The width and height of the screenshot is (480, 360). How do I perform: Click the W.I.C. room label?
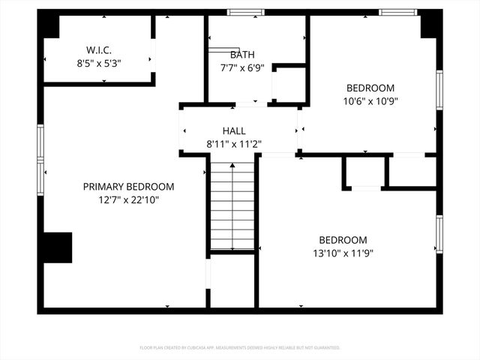click(x=99, y=50)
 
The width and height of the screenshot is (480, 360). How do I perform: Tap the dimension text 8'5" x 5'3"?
click(x=99, y=64)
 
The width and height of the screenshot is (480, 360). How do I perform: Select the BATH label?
click(x=241, y=55)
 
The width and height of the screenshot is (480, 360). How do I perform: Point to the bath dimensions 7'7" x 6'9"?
click(x=241, y=68)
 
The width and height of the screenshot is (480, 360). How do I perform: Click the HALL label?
click(x=234, y=131)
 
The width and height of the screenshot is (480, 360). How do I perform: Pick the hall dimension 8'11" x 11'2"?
click(x=234, y=144)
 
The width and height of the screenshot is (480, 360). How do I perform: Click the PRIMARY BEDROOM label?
click(x=128, y=187)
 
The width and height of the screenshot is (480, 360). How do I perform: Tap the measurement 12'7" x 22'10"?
click(x=128, y=200)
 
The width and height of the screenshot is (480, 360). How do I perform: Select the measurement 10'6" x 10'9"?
click(x=370, y=101)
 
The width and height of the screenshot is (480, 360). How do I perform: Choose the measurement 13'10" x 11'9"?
click(x=342, y=253)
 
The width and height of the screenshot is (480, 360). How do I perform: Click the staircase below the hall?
click(x=232, y=206)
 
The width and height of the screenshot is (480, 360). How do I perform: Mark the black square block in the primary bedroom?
click(x=58, y=247)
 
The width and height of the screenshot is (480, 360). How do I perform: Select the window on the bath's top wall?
click(x=246, y=13)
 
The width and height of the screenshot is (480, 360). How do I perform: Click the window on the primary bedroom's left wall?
click(x=40, y=160)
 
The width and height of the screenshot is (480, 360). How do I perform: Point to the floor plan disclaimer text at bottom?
click(x=240, y=348)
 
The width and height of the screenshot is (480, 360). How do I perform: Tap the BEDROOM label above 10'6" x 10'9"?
click(x=370, y=88)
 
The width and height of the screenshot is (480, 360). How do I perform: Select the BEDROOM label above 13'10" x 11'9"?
click(x=342, y=240)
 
